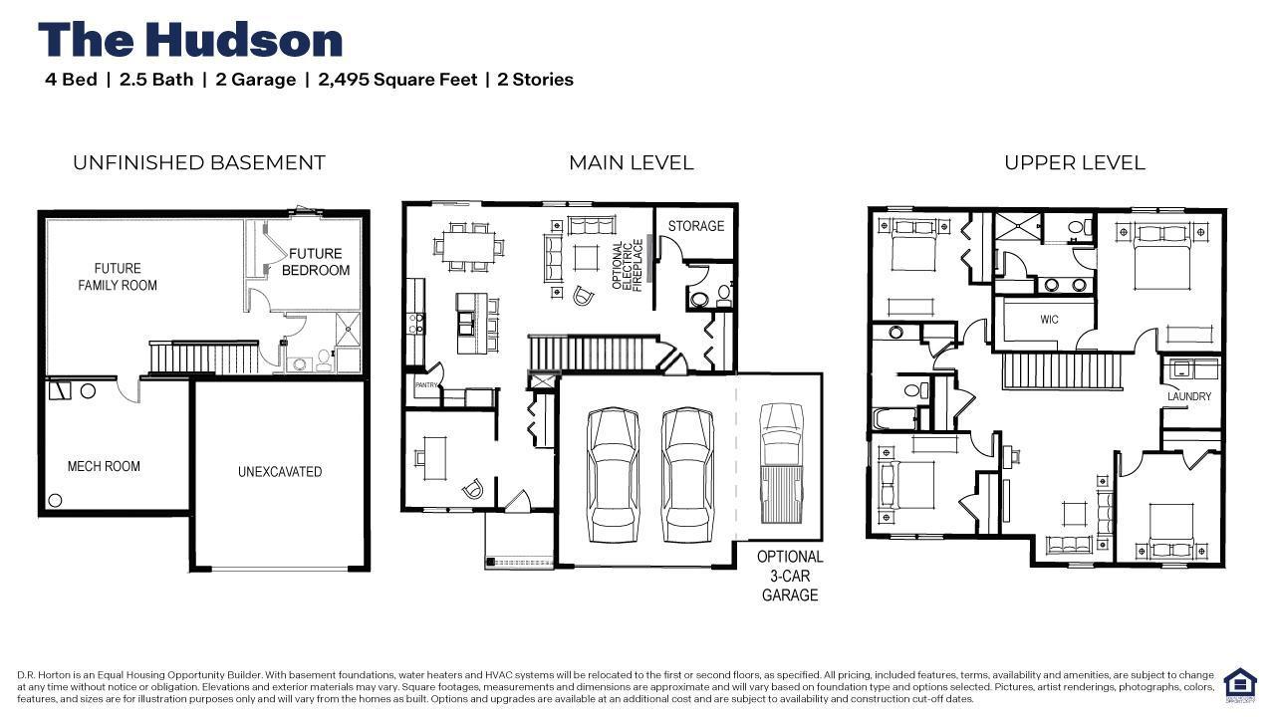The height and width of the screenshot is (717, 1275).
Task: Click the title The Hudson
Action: pyautogui.click(x=190, y=40)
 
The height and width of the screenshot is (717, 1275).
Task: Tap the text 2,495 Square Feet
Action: pyautogui.click(x=397, y=80)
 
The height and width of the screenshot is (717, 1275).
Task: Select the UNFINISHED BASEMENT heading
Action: pyautogui.click(x=198, y=162)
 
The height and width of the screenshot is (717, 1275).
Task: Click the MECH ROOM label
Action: pyautogui.click(x=104, y=467)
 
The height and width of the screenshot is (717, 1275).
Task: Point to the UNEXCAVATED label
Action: pyautogui.click(x=280, y=472)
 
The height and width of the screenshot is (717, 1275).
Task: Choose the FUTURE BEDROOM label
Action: pyautogui.click(x=316, y=262)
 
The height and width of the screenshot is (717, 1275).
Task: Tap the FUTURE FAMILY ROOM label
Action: pyautogui.click(x=118, y=277)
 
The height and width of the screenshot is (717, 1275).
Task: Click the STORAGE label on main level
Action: pyautogui.click(x=695, y=226)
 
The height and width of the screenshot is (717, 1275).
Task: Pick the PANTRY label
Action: pyautogui.click(x=426, y=385)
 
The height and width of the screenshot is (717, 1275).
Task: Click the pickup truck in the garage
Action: pyautogui.click(x=782, y=463)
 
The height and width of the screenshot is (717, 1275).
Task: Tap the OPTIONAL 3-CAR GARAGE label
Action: pyautogui.click(x=790, y=576)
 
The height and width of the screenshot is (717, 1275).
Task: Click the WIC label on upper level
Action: pyautogui.click(x=1049, y=320)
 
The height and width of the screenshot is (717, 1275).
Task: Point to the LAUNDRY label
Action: pyautogui.click(x=1189, y=396)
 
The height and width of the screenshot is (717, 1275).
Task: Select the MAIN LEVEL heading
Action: pyautogui.click(x=632, y=162)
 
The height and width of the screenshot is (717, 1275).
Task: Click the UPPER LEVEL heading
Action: pyautogui.click(x=1075, y=162)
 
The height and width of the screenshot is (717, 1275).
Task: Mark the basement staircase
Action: pyautogui.click(x=204, y=357)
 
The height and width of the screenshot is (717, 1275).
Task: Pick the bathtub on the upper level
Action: pyautogui.click(x=894, y=418)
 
